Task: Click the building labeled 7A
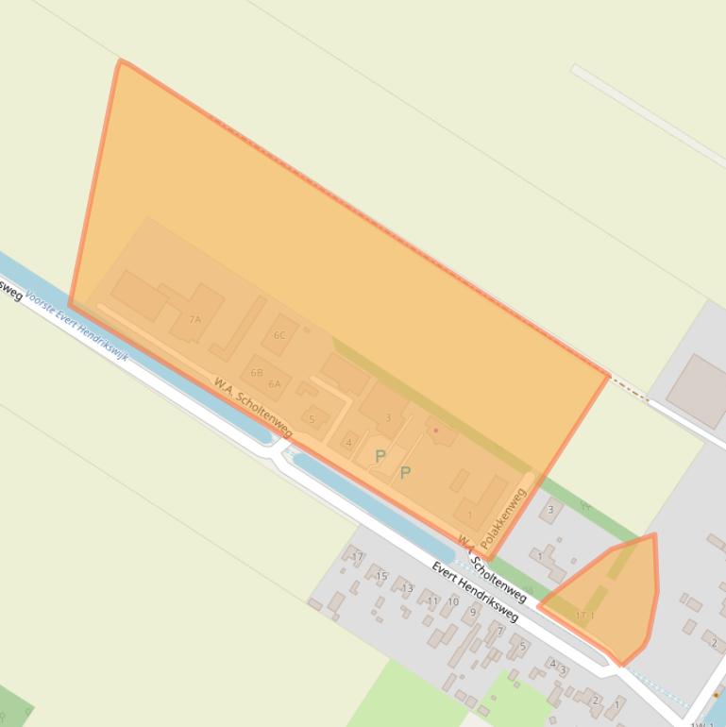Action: pyautogui.click(x=195, y=317)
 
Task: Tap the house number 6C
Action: pyautogui.click(x=279, y=335)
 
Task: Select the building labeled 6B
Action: pyautogui.click(x=257, y=373)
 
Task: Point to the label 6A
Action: pyautogui.click(x=275, y=384)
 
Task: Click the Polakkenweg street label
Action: pyautogui.click(x=503, y=519)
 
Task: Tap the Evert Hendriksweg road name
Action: pyautogui.click(x=475, y=592)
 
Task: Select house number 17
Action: pyautogui.click(x=358, y=557)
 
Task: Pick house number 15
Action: pyautogui.click(x=381, y=576)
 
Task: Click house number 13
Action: pyautogui.click(x=407, y=588)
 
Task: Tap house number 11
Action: pyautogui.click(x=432, y=600)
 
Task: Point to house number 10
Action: pyautogui.click(x=453, y=601)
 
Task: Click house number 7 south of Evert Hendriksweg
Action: pyautogui.click(x=500, y=630)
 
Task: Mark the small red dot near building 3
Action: pyautogui.click(x=436, y=431)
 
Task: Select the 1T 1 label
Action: pyautogui.click(x=585, y=617)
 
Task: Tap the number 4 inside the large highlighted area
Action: pyautogui.click(x=348, y=442)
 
